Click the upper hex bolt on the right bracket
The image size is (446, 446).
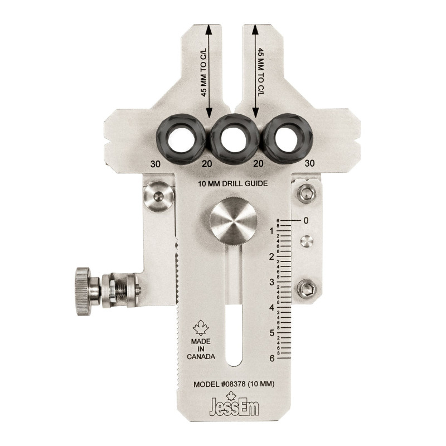306,193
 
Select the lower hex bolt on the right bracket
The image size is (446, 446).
306,289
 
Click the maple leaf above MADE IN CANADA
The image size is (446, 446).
200,326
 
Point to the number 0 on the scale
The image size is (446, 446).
306,221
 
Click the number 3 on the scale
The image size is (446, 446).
272,282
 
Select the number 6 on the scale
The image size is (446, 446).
272,358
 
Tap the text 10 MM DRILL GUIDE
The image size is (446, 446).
234,183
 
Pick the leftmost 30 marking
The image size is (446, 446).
156,164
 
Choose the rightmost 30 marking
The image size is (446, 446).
311,164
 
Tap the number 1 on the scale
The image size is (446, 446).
272,231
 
